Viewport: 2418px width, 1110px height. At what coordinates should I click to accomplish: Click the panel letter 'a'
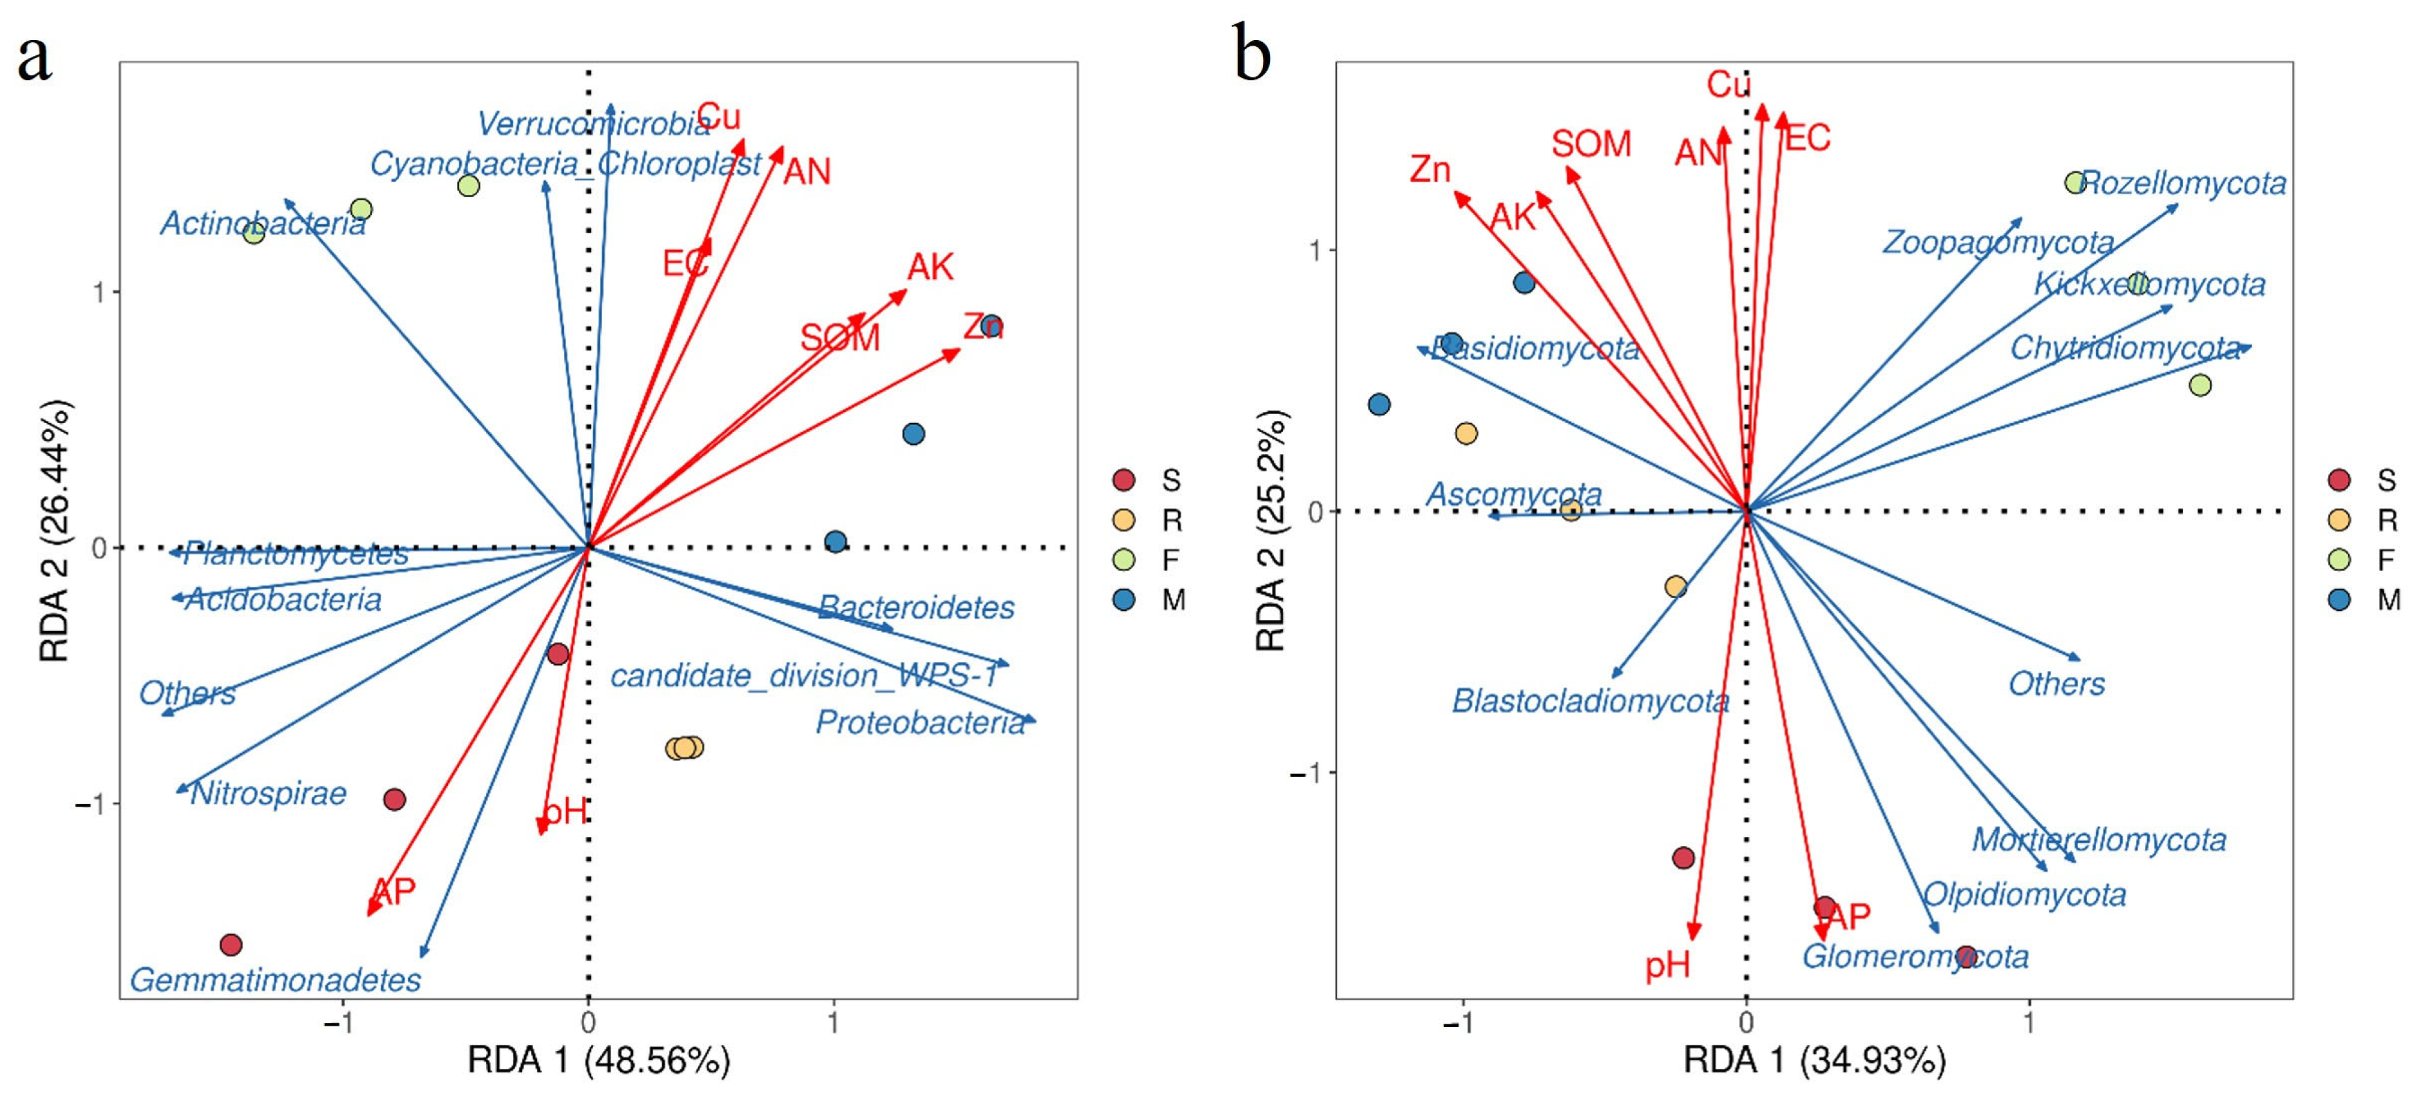click(34, 58)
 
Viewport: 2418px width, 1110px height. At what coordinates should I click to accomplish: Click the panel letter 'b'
click(1251, 55)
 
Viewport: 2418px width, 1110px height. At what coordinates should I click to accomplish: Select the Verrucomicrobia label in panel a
click(593, 123)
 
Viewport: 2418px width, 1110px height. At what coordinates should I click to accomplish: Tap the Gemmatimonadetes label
click(275, 979)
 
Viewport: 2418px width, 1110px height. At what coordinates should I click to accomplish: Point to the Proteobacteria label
click(920, 722)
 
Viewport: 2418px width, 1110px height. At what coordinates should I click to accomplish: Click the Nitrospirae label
click(268, 794)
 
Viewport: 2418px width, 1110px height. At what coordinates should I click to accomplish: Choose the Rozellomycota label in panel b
click(2184, 183)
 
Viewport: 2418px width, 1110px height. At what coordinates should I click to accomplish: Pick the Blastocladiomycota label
click(1590, 701)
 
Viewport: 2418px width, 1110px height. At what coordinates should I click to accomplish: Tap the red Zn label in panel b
click(1430, 170)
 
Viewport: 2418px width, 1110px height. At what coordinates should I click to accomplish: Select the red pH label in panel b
click(1667, 965)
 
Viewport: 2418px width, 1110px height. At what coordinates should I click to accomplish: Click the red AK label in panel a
click(929, 267)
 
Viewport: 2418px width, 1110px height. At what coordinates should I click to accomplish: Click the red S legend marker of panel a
click(1123, 480)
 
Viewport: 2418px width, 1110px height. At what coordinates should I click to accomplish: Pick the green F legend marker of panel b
click(2340, 560)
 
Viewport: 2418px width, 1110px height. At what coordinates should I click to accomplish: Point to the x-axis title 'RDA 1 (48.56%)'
click(598, 1060)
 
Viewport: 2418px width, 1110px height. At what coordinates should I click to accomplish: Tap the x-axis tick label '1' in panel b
click(2028, 1022)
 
